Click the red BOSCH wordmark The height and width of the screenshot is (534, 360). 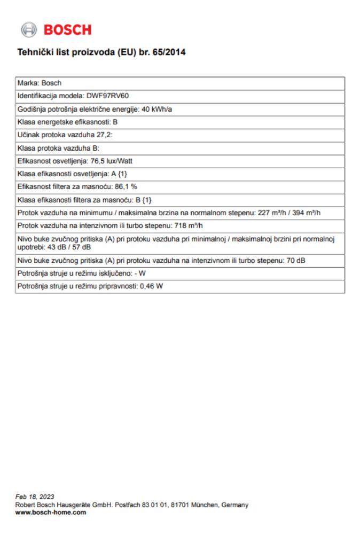tap(67, 30)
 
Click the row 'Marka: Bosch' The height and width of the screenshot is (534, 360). tap(40, 83)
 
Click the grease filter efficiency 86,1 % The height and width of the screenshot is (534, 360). tap(127, 186)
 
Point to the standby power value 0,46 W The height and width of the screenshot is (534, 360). tap(151, 286)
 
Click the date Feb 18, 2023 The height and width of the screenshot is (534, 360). tap(35, 497)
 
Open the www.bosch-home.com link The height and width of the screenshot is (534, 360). tap(51, 512)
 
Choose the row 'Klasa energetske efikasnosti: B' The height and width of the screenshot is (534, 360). tap(68, 122)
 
